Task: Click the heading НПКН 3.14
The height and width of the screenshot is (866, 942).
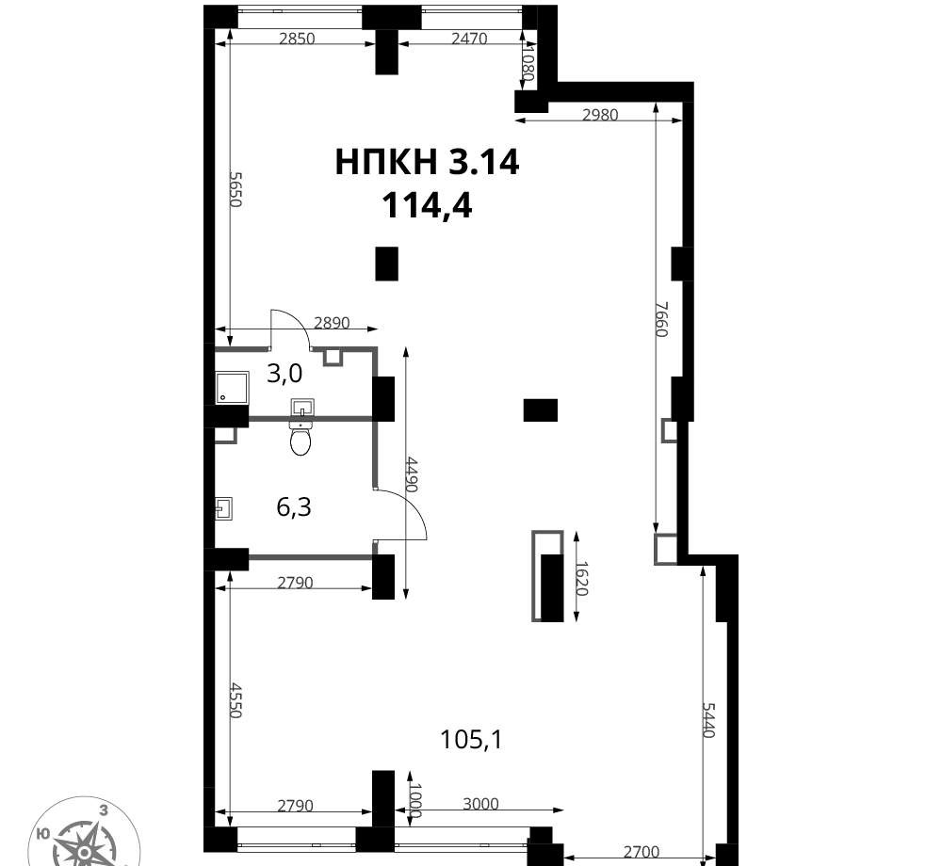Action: coord(427,162)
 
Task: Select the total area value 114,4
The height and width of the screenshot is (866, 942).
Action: coord(427,206)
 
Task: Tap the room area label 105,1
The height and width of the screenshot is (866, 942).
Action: coord(471,739)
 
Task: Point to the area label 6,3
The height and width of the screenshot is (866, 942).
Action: coord(294,507)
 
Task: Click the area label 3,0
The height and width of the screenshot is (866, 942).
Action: coord(284,374)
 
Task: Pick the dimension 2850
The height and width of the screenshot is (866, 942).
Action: coord(298,39)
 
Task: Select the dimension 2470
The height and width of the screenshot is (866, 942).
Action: coord(469,39)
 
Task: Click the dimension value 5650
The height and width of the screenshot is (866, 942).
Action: coord(235,189)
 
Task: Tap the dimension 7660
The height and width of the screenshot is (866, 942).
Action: coord(661,319)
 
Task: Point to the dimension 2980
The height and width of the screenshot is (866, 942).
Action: coord(600,115)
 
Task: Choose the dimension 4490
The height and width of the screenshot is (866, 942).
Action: coord(412,474)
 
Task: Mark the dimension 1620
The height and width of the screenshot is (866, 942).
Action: coord(581,578)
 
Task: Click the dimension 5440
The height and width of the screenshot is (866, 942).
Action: coord(708,720)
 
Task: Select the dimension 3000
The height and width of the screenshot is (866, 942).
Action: coord(480,804)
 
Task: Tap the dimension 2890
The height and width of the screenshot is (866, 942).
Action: coord(332,324)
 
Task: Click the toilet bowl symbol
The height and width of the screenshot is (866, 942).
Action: coord(300,438)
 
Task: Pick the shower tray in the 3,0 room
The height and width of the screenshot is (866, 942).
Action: coord(232,388)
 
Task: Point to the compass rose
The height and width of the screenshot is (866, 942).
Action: coord(85,834)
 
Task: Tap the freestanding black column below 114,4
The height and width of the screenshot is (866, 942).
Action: coord(386,264)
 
